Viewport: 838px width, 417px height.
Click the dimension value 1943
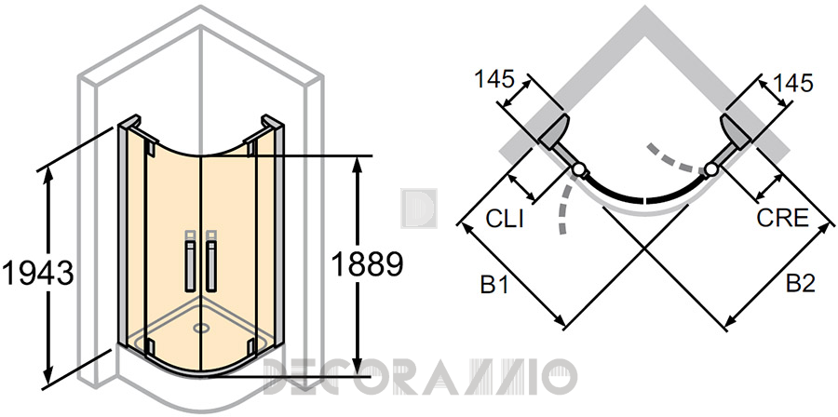37,274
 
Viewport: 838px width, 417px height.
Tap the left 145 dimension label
494,79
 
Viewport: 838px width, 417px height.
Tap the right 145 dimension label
792,83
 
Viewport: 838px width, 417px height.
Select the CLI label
505,219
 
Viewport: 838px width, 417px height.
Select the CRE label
782,218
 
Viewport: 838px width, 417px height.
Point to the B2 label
801,284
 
